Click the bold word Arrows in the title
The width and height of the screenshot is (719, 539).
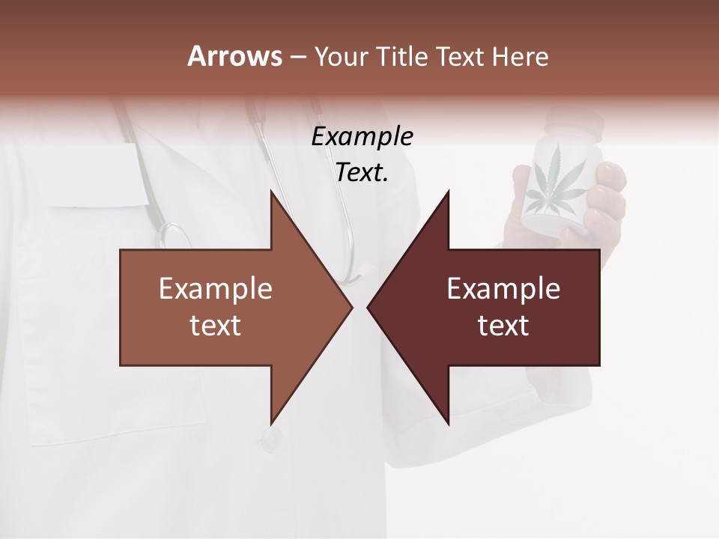234,56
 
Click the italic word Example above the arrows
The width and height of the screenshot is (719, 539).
362,137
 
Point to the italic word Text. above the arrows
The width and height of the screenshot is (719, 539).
362,173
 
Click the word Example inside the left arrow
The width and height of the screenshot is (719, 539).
215,288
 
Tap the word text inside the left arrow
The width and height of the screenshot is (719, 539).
215,325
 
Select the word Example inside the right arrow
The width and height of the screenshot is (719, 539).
503,288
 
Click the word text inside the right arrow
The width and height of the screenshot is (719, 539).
503,325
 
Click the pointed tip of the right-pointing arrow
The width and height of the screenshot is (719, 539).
351,307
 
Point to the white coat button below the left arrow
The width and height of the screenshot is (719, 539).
270,440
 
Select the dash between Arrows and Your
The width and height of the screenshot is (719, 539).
297,57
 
